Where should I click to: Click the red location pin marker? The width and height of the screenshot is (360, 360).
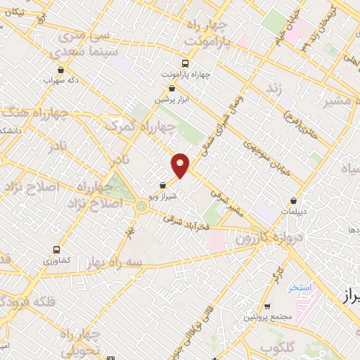click(181, 165)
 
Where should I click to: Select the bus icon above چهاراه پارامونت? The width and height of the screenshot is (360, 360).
click(185, 61)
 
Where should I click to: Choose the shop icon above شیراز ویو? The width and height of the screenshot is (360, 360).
click(163, 186)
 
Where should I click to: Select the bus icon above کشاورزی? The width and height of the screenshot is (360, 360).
click(57, 250)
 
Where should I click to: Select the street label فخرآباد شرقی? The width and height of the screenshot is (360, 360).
click(188, 222)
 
